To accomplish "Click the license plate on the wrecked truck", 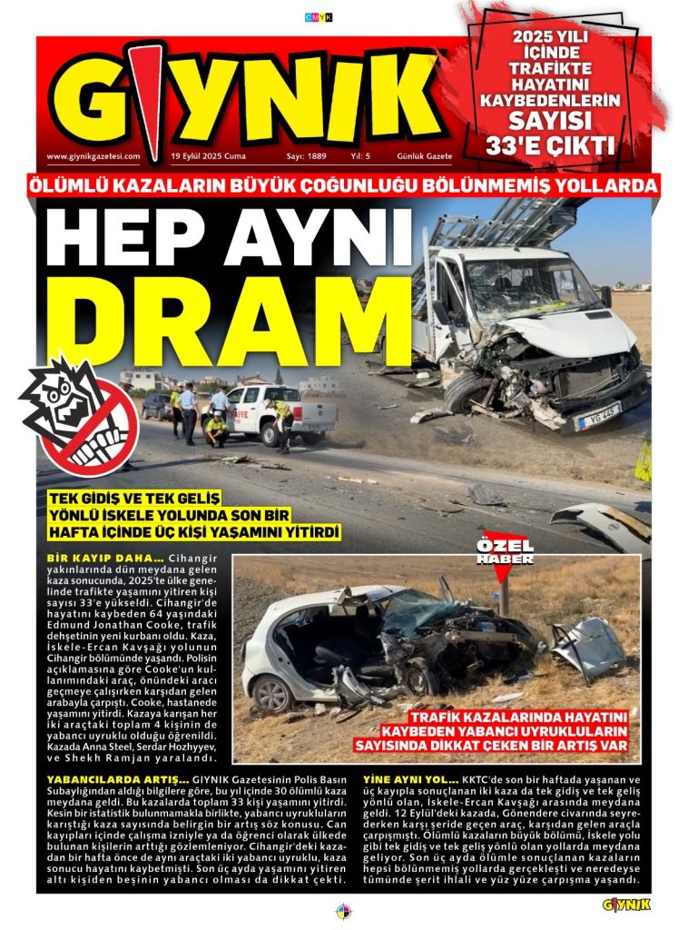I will tap(599, 416).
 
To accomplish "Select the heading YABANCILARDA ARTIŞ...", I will tap(105, 780).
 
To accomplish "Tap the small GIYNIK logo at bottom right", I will tap(626, 904).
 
